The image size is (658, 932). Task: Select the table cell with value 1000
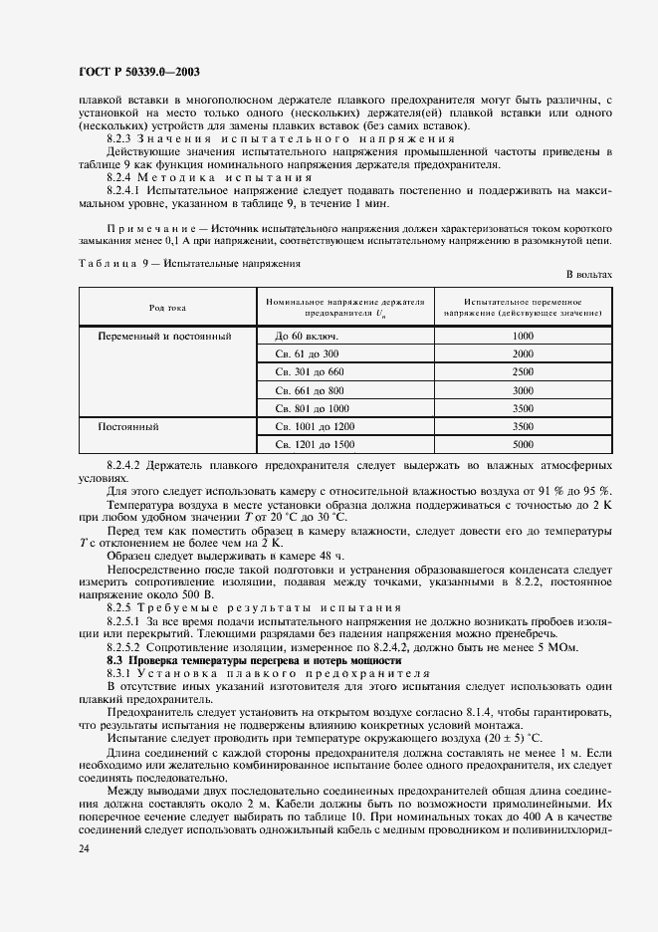[523, 336]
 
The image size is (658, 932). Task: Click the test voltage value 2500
[523, 371]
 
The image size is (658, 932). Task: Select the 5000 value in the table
[523, 443]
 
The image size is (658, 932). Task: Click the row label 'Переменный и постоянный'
[164, 336]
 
